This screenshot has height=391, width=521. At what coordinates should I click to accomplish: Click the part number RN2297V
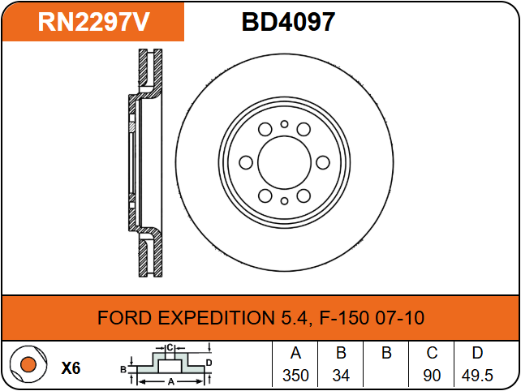coord(93,22)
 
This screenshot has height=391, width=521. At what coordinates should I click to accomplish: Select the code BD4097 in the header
coord(288,22)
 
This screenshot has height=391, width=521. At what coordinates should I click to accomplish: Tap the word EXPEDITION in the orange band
coord(216,317)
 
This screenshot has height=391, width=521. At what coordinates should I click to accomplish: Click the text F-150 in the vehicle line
coord(344,317)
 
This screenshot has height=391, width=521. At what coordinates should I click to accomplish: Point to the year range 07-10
coord(399,317)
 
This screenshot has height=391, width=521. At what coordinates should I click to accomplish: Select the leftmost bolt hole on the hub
coord(246,162)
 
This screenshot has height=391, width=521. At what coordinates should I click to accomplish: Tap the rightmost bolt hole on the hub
coord(323,162)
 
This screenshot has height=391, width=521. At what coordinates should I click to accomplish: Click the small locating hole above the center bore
coord(284,124)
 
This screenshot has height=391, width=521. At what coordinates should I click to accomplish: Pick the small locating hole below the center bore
coord(284,200)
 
